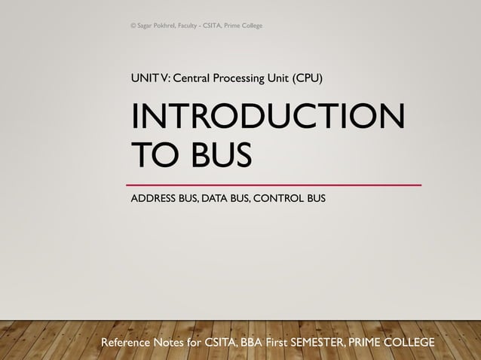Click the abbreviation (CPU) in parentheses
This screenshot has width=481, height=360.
coord(308,77)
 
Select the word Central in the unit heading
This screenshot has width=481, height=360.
coord(195,77)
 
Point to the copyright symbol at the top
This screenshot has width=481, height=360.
coord(133,26)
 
